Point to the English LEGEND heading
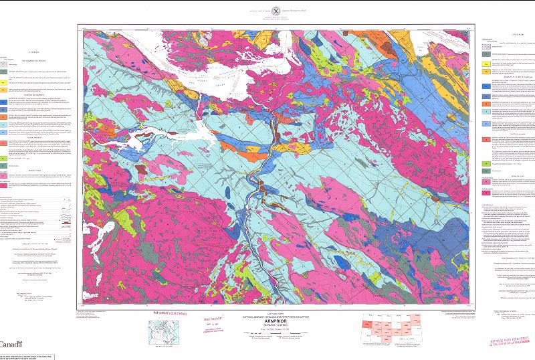30,50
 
